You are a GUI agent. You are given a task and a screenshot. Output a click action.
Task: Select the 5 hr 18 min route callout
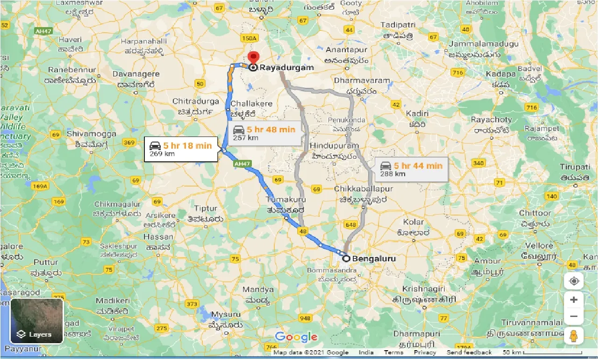tap(181, 149)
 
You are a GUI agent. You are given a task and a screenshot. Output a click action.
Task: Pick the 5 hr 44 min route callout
tap(411, 169)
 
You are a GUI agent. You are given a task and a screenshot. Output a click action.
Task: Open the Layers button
tap(36, 321)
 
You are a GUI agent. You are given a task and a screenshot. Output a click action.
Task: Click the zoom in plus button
tap(573, 300)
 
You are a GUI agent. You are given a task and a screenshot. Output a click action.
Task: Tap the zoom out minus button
tap(573, 317)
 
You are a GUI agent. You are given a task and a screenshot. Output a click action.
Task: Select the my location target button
tap(573, 281)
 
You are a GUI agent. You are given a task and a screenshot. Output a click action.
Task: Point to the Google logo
tap(296, 337)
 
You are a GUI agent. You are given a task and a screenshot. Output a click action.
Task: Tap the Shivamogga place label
tap(91, 134)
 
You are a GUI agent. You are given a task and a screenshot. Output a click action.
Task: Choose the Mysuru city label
tap(226, 314)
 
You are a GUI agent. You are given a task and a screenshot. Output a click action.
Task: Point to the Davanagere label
tap(138, 74)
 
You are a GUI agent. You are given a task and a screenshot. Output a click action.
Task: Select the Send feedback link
tap(469, 353)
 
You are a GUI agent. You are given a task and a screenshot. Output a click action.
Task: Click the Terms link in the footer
tap(393, 353)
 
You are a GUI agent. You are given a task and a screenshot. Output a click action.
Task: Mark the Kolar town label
tap(413, 222)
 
